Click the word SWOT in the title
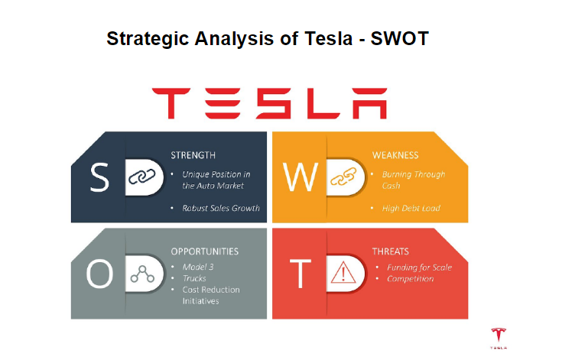(x=399, y=38)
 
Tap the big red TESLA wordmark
(x=269, y=103)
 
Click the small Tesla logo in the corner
(x=499, y=339)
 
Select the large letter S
(x=99, y=177)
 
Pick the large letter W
(x=300, y=177)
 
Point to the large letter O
(x=99, y=274)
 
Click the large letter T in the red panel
(x=300, y=274)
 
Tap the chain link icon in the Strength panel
(x=141, y=177)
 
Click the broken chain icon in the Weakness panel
(x=343, y=177)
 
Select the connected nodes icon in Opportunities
(x=142, y=274)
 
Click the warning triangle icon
(x=343, y=272)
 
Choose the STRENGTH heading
(x=193, y=155)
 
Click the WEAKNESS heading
(x=395, y=155)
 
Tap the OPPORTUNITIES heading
(x=205, y=251)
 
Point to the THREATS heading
(x=390, y=251)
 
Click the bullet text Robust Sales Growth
(x=221, y=208)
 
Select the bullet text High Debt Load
(x=411, y=208)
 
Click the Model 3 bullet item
(x=198, y=267)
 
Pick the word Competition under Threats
(x=411, y=279)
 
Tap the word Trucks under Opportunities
(x=194, y=278)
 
